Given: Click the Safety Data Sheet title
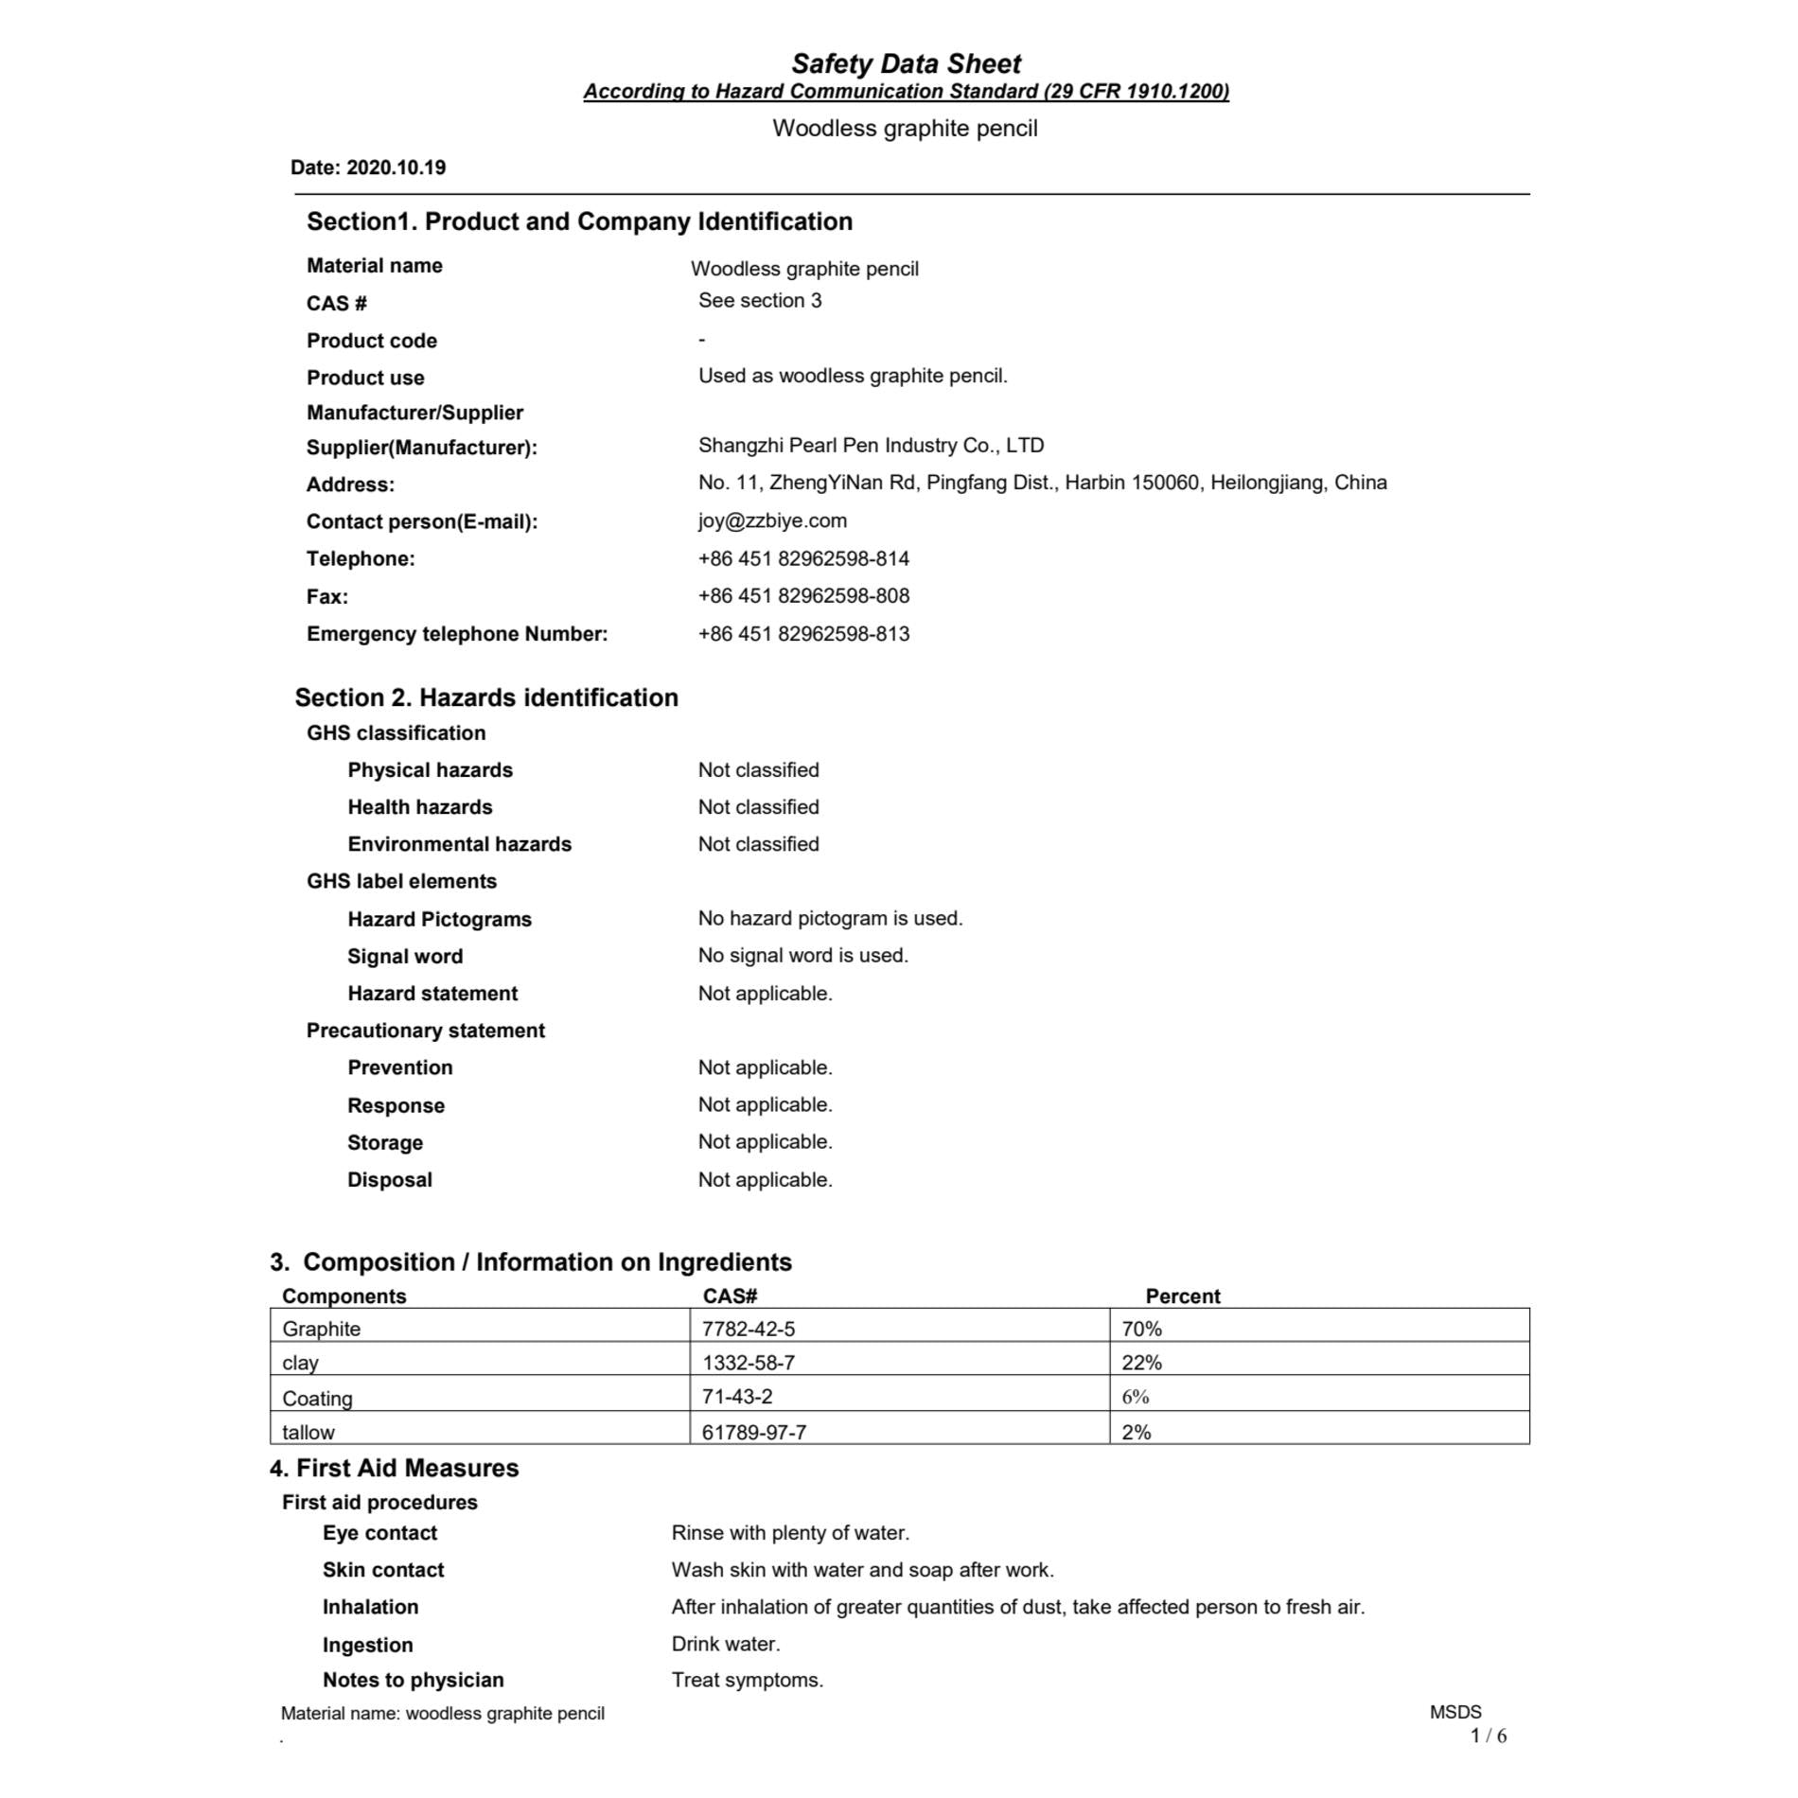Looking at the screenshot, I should (906, 63).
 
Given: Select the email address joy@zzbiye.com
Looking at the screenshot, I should (772, 520).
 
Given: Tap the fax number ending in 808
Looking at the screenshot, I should (803, 595).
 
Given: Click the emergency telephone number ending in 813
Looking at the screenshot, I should (803, 633).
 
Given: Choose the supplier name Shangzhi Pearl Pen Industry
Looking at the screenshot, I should (871, 445).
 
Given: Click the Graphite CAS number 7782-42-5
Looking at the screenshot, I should (748, 1329).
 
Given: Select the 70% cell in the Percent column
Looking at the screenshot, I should (1141, 1329).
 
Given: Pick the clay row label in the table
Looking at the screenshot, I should (300, 1363).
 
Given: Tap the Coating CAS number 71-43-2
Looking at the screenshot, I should (736, 1396).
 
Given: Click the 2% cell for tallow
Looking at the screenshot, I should (1136, 1432).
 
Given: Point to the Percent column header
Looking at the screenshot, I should (1182, 1296).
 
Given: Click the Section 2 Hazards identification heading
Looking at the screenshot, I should (486, 697).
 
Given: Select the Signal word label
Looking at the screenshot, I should (405, 956).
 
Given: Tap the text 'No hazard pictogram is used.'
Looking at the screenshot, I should (830, 918).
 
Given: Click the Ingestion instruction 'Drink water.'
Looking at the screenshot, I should (726, 1644).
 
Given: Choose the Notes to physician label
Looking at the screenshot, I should (413, 1680).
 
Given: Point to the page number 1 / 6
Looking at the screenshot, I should (1488, 1736).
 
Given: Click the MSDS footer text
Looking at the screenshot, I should (1455, 1712).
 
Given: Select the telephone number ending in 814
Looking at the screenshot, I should (803, 558).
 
